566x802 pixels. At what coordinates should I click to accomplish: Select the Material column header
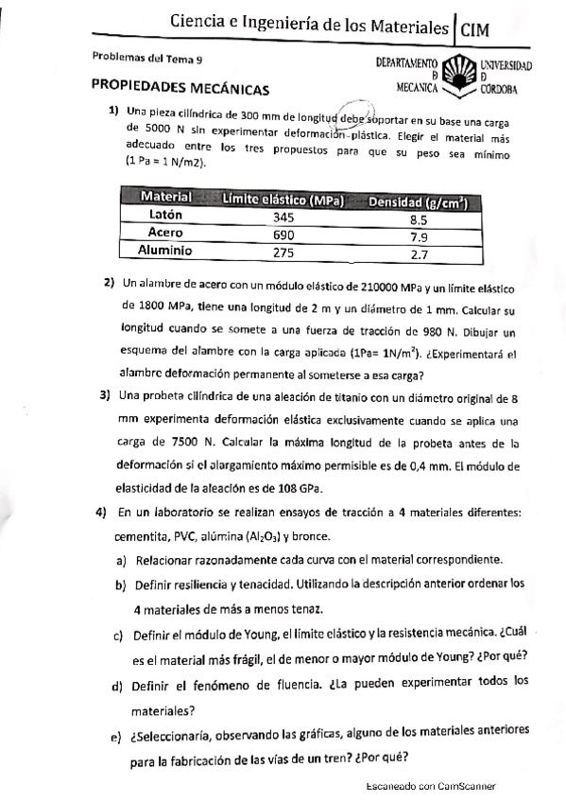tap(166, 198)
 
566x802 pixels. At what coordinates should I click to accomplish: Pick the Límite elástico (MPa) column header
tap(282, 200)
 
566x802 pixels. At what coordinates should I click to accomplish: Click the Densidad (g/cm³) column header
tap(420, 201)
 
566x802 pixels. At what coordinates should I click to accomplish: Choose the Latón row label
tap(166, 215)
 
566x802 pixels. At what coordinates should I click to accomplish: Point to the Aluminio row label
tap(165, 251)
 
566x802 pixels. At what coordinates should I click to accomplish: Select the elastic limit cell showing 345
tap(283, 217)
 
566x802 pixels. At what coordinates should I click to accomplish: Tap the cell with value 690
tap(283, 235)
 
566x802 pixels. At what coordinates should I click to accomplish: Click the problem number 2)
tap(110, 283)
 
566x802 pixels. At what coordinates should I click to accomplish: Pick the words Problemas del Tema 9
tap(147, 59)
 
